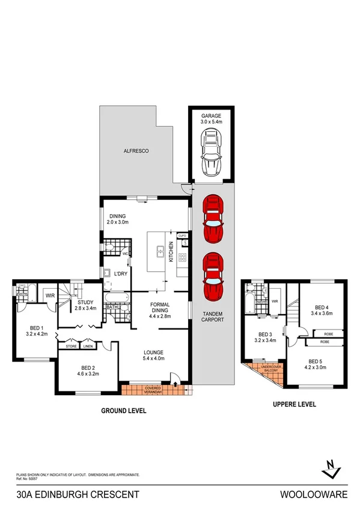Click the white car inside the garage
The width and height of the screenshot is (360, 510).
pyautogui.click(x=212, y=154)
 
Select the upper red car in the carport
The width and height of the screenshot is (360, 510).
pyautogui.click(x=212, y=218)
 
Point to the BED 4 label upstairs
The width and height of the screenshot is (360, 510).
pyautogui.click(x=323, y=309)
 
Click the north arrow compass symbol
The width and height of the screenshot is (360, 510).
pyautogui.click(x=329, y=468)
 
